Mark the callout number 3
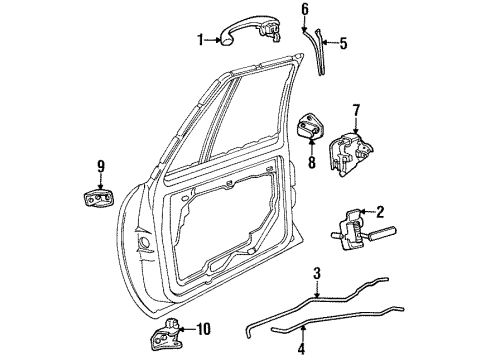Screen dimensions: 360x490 (x=316, y=273)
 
